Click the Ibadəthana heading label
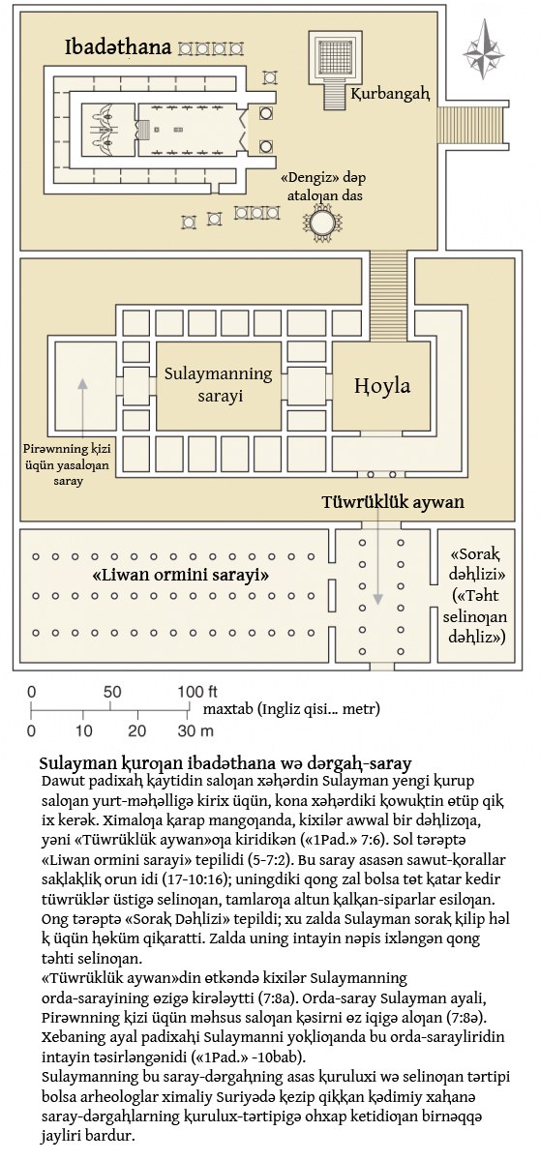pyautogui.click(x=118, y=47)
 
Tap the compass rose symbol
pyautogui.click(x=484, y=49)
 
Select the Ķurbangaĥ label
pyautogui.click(x=390, y=94)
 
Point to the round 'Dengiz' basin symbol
pyautogui.click(x=322, y=223)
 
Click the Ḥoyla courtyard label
pyautogui.click(x=382, y=386)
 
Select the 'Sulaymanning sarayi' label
pyautogui.click(x=218, y=384)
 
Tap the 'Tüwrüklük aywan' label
pyautogui.click(x=393, y=502)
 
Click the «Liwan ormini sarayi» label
pyautogui.click(x=180, y=575)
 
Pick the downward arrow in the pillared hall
pyautogui.click(x=377, y=553)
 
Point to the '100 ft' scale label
pyautogui.click(x=197, y=692)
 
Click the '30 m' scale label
pyautogui.click(x=195, y=730)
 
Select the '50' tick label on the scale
pyautogui.click(x=112, y=692)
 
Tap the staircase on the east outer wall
pyautogui.click(x=472, y=127)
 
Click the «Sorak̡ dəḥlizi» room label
pyautogui.click(x=475, y=564)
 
